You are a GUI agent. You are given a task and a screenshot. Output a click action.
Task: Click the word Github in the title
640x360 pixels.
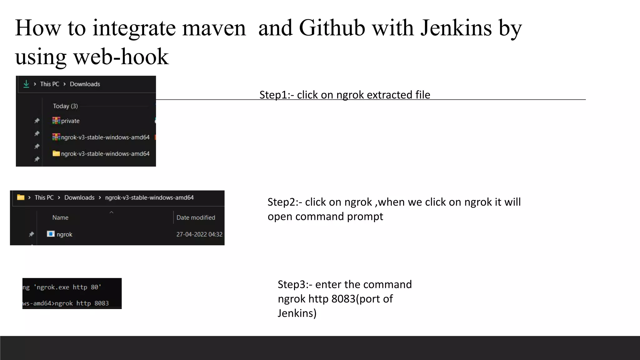[x=332, y=28]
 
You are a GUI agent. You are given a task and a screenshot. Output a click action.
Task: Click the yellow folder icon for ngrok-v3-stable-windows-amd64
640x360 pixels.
[x=56, y=153]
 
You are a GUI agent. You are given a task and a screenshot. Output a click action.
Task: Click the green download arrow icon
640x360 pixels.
[x=26, y=84]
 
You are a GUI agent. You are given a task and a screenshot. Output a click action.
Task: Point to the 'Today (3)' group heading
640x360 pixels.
[x=65, y=106]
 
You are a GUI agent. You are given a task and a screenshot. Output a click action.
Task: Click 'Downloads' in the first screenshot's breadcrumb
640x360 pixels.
[x=85, y=84]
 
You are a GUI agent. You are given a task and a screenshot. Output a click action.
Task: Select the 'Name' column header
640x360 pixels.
[x=60, y=217]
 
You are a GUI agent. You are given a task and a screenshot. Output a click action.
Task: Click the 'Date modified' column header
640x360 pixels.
[x=196, y=217]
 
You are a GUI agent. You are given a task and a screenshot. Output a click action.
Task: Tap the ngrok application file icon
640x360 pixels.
[x=51, y=234]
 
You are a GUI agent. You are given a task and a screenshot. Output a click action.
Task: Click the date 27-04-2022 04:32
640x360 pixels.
[x=199, y=234]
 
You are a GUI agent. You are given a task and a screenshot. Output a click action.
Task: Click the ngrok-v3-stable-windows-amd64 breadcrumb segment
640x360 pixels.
[x=149, y=197]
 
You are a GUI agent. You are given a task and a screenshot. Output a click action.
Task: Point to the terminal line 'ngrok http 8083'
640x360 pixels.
[x=82, y=303]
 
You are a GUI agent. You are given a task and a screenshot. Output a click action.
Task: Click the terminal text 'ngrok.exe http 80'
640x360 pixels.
[x=67, y=287]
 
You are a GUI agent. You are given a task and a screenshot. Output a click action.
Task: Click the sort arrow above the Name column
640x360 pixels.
[x=111, y=212]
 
